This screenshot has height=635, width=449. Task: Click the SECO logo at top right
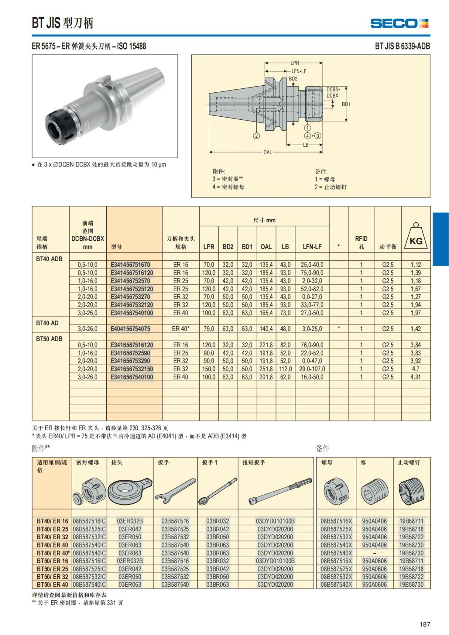pos(399,23)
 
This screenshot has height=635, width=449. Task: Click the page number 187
pos(425,624)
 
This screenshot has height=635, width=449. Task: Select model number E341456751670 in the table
pos(130,265)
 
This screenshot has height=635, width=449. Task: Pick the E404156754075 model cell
pos(130,329)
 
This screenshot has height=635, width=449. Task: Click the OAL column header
pos(266,247)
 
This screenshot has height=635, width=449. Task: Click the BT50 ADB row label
pos(49,339)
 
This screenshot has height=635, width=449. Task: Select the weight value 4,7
pos(415,369)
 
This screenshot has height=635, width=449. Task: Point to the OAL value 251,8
pos(266,369)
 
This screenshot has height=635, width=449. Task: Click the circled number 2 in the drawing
pos(256,136)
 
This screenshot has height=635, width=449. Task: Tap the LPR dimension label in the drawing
pos(295,63)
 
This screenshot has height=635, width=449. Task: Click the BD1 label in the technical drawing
pos(346,104)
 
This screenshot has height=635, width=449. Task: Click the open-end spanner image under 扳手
pos(175,491)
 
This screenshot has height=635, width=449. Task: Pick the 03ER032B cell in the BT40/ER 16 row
pos(130,521)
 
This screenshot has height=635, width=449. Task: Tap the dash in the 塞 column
pos(374,553)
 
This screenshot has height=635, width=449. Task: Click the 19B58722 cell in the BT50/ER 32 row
pos(411,577)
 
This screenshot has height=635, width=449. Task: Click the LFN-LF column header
pos(312,247)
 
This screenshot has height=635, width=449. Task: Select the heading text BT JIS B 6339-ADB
pos(402,46)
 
